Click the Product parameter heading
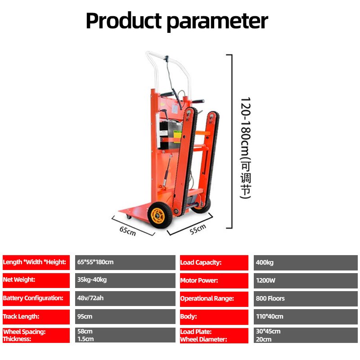click(177, 21)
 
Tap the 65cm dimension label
click(127, 231)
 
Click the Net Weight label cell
click(36, 280)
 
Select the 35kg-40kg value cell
click(125, 280)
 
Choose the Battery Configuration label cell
click(36, 298)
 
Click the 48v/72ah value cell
click(125, 298)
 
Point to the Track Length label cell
click(36, 316)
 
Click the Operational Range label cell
click(214, 298)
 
